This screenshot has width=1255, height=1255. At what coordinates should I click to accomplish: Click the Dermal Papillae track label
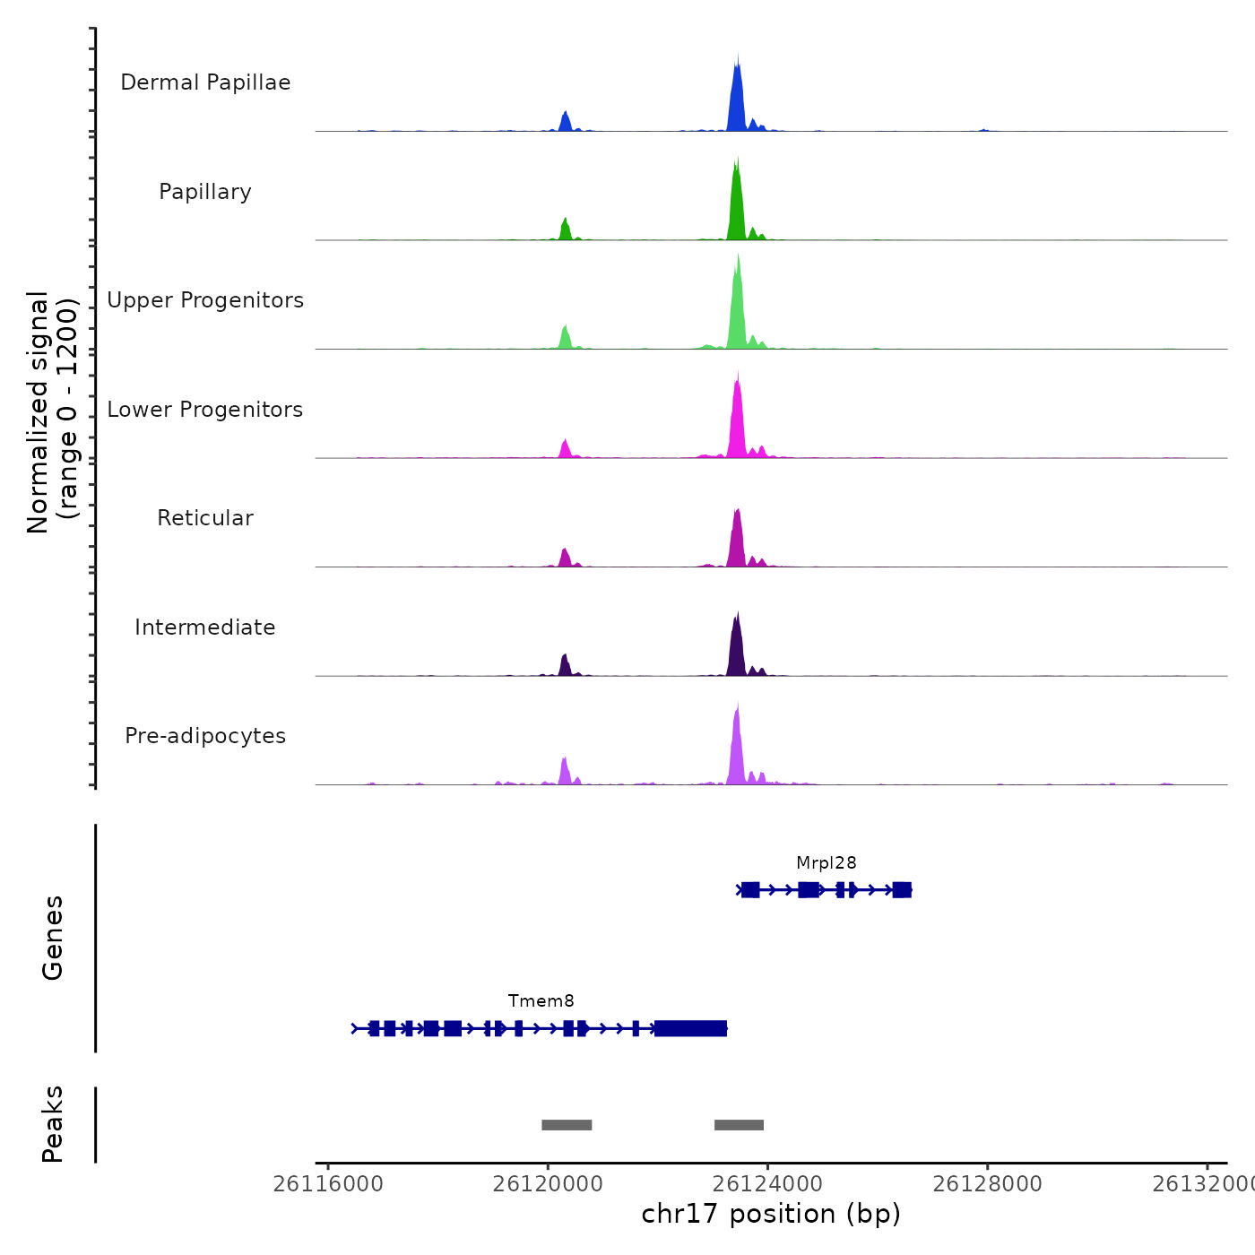pos(205,82)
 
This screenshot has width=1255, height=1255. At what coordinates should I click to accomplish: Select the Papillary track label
pos(205,192)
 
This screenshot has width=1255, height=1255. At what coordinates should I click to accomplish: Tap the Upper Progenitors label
pos(205,300)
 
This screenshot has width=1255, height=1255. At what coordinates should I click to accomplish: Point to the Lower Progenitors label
pos(205,410)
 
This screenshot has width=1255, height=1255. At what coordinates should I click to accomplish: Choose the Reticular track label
pos(205,518)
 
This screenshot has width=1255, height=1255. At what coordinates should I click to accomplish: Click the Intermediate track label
pos(205,627)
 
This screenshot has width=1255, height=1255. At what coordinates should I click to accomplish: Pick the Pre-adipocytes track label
pos(205,736)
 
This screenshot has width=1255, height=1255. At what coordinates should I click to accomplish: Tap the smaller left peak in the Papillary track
pos(565,229)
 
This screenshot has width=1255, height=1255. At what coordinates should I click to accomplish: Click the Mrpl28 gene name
pos(826,863)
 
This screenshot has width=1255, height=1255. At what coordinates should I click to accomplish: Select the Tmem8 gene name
pos(541,1001)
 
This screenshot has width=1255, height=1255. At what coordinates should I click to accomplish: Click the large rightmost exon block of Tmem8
pos(690,1028)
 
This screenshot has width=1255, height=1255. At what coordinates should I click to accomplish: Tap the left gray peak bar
pos(567,1125)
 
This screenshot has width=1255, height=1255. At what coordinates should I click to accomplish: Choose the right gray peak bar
pos(739,1125)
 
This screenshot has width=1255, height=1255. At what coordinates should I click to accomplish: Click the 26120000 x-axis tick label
pos(548,1184)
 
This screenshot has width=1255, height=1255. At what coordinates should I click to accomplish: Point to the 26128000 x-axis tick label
pos(987,1184)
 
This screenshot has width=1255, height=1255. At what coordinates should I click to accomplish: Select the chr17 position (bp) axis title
pos(771,1214)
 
